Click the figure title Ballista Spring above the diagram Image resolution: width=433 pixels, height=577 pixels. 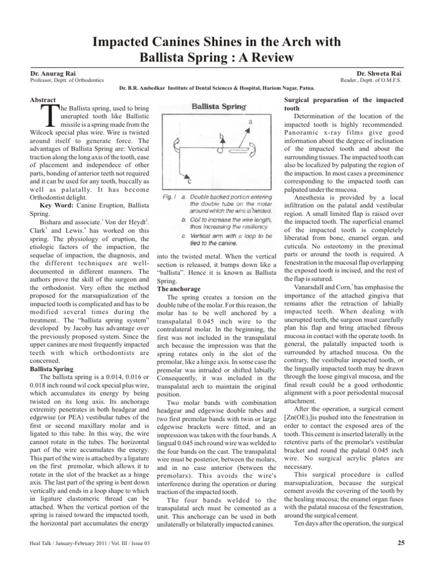(x=219, y=106)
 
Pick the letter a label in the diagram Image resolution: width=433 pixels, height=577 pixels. (x=249, y=121)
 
